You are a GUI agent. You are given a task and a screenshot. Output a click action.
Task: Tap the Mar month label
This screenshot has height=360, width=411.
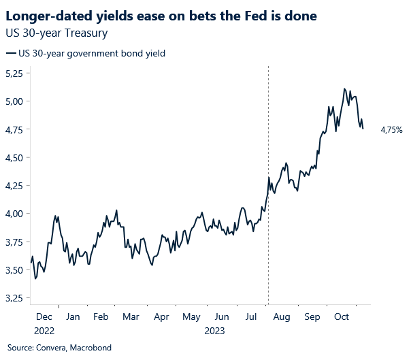pos(131,317)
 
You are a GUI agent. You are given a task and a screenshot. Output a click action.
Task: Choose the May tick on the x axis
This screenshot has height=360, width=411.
pos(192,317)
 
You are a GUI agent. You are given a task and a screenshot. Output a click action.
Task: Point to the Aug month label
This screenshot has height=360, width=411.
pos(282,317)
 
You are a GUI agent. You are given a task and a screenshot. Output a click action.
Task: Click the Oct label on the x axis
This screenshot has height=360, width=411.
pos(342,317)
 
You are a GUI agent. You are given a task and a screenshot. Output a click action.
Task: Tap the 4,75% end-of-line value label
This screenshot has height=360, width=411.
pos(391,129)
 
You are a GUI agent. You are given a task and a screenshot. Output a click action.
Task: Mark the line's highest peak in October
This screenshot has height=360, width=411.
pos(345,88)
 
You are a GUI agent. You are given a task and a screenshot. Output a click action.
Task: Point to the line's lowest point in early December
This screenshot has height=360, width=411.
pos(35,278)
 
